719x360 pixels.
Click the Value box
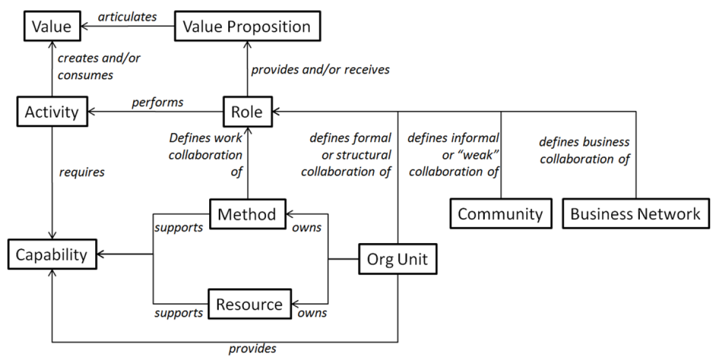pyautogui.click(x=52, y=27)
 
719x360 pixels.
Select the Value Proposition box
pyautogui.click(x=246, y=27)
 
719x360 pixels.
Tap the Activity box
pyautogui.click(x=52, y=112)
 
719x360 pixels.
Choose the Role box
pyautogui.click(x=247, y=112)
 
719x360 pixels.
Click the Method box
pyautogui.click(x=247, y=214)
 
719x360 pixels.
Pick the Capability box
pyautogui.click(x=52, y=255)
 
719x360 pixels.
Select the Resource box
pyautogui.click(x=249, y=304)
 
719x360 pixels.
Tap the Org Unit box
pyautogui.click(x=397, y=260)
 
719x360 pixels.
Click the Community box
pyautogui.click(x=500, y=214)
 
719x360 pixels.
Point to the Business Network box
pyautogui.click(x=635, y=214)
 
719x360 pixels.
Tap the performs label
pyautogui.click(x=158, y=102)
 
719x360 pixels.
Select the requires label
pyautogui.click(x=81, y=173)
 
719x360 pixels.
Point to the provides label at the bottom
pyautogui.click(x=253, y=349)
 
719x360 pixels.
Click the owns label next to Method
pyautogui.click(x=307, y=228)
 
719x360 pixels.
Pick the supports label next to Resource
pyautogui.click(x=179, y=313)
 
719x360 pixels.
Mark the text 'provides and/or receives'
pyautogui.click(x=320, y=69)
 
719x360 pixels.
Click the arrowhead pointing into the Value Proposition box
pyautogui.click(x=247, y=46)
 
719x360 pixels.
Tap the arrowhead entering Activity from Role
pyautogui.click(x=92, y=112)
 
